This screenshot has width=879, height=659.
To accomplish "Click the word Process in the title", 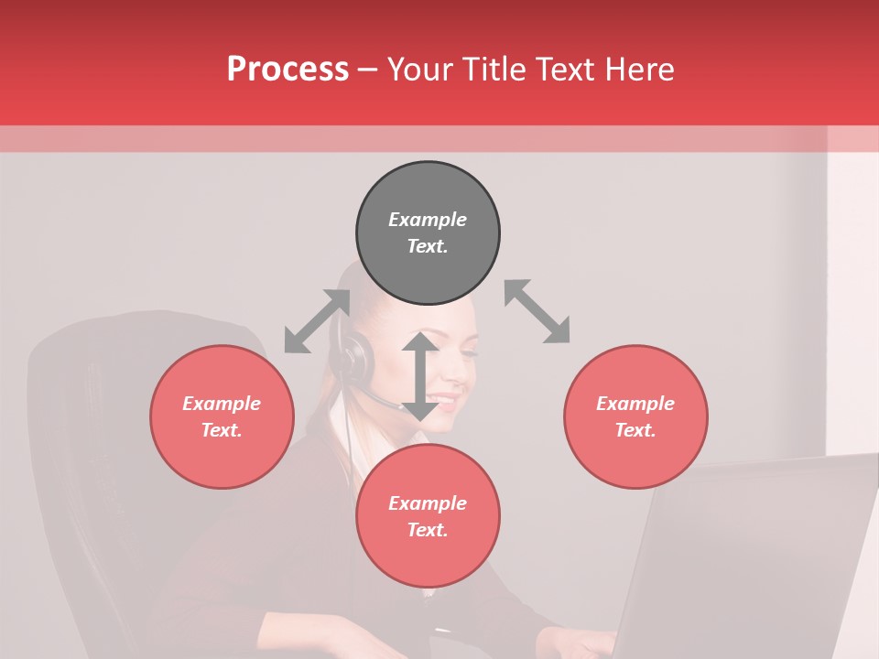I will pyautogui.click(x=288, y=70).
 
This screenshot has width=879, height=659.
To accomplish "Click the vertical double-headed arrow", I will pyautogui.click(x=420, y=376).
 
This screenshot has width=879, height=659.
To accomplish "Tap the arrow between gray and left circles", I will pyautogui.click(x=317, y=321).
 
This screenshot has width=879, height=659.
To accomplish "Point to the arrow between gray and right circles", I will pyautogui.click(x=537, y=311).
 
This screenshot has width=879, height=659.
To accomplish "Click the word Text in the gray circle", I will pyautogui.click(x=427, y=246).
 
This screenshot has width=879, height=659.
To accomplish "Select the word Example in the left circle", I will pyautogui.click(x=222, y=404).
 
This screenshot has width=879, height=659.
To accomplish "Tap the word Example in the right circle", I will pyautogui.click(x=635, y=404).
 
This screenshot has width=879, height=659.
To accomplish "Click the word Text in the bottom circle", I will pyautogui.click(x=427, y=530).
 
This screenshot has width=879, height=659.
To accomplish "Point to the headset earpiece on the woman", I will pyautogui.click(x=353, y=357).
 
